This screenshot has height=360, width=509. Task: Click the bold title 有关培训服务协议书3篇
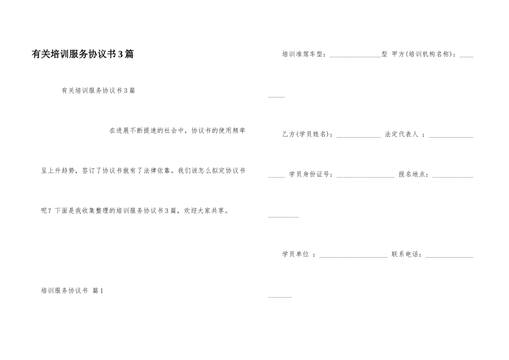83,54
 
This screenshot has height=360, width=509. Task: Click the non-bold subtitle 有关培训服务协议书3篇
98,91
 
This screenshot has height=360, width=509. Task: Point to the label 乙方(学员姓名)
308,134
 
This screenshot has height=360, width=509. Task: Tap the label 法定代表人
402,134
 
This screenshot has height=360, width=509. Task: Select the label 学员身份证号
311,175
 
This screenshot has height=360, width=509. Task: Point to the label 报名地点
413,175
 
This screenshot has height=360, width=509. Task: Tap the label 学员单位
296,254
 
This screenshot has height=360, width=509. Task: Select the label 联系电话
407,254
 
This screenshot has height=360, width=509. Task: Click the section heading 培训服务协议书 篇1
72,291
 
